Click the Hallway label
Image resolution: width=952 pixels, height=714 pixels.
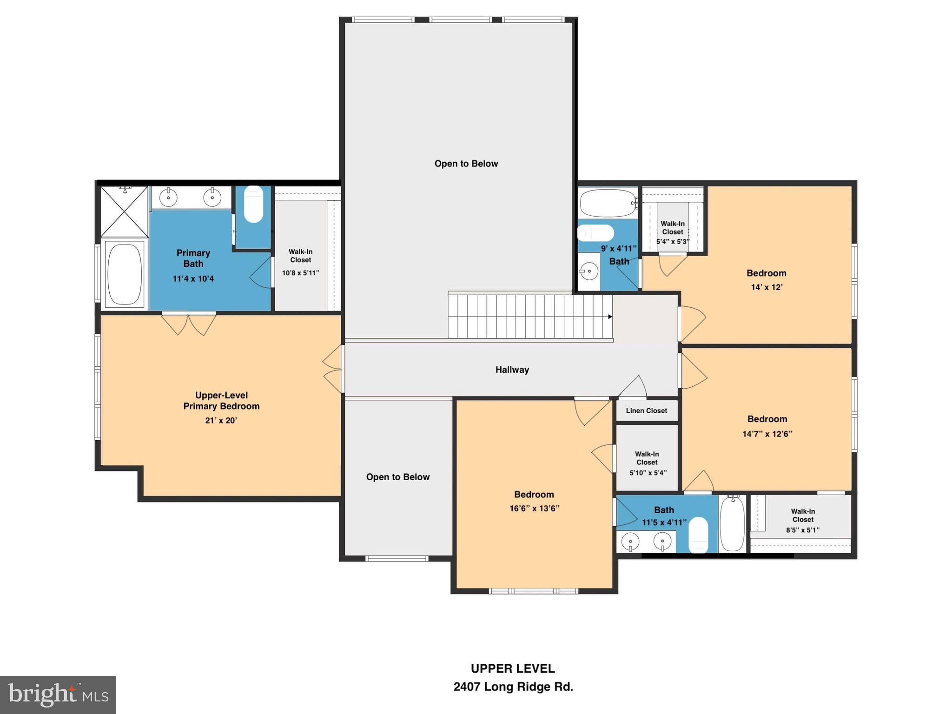512,370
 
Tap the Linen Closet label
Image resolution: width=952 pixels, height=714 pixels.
646,410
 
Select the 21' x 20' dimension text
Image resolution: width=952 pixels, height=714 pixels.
221,420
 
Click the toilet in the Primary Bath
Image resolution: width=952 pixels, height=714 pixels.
253,204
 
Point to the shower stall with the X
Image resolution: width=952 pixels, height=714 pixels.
124,212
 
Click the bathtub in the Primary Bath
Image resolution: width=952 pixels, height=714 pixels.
124,274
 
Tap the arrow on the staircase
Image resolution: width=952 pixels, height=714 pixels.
610,317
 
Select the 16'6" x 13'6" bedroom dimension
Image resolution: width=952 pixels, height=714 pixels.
534,509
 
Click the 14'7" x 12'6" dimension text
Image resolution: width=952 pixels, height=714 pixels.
767,434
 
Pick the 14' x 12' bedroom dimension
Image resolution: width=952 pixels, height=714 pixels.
767,287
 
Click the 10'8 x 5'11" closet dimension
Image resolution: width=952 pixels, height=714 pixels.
300,273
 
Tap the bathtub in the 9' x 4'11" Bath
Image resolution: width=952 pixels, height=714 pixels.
607,203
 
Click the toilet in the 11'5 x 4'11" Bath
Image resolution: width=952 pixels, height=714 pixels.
698,535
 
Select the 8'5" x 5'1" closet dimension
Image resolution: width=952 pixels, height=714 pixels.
802,530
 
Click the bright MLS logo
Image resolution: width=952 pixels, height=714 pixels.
58,694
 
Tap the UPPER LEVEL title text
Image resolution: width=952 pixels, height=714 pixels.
513,668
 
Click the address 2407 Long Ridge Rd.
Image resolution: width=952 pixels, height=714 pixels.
513,687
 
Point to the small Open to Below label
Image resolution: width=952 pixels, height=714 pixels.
397,477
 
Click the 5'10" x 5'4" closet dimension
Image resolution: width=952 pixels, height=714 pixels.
648,473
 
